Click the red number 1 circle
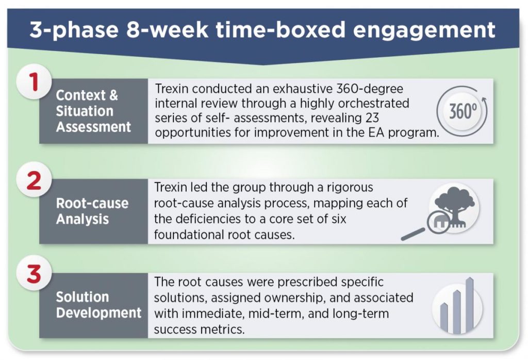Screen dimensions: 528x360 tap(34, 82)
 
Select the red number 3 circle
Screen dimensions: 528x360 tap(34, 273)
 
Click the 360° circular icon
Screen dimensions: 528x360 tap(462, 111)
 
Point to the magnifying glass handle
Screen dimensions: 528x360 tap(413, 234)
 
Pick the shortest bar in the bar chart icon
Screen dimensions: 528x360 tap(444, 316)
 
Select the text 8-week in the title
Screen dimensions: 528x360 tap(168, 29)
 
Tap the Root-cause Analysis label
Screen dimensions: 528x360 tap(92, 211)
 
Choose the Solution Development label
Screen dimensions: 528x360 tap(98, 305)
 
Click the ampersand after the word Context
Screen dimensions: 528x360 tap(113, 95)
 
